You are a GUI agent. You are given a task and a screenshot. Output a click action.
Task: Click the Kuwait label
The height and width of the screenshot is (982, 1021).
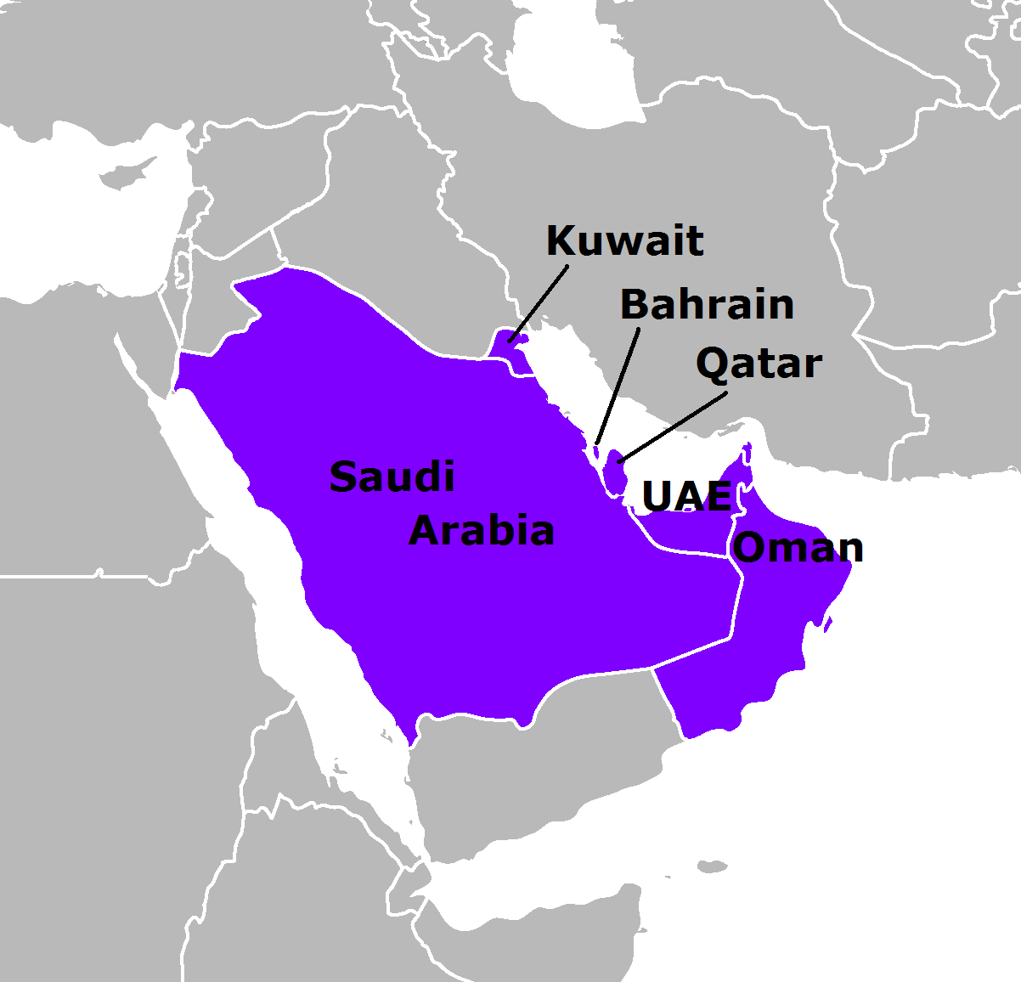point(624,241)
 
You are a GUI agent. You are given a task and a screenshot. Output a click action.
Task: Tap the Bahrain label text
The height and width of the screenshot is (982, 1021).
point(707,304)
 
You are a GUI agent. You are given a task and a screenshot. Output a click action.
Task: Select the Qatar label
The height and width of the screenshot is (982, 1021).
point(759,364)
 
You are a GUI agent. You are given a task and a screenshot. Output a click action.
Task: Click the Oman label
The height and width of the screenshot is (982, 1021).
point(798,548)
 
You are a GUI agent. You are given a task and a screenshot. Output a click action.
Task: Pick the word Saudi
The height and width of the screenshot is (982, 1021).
point(392,477)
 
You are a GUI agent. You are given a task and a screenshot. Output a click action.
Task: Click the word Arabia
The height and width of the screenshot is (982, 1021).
point(482,531)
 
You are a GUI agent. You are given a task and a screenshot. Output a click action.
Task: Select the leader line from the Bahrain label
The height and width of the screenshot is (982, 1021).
point(618,382)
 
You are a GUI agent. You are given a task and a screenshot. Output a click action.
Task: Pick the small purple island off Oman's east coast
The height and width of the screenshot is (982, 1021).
point(828,626)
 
